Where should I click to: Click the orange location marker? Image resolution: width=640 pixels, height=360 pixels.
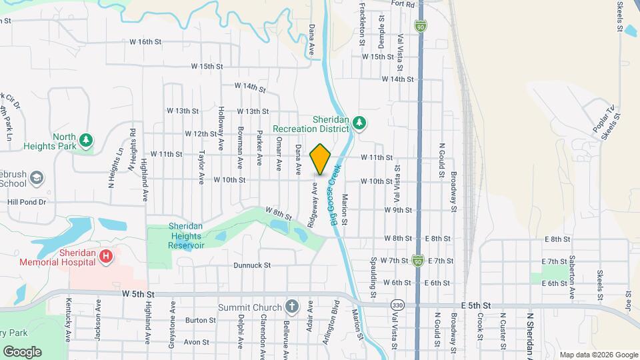pyautogui.click(x=321, y=159)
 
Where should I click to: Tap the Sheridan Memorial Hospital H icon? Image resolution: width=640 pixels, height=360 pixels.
pyautogui.click(x=105, y=256)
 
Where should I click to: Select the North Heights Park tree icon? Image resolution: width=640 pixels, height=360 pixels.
pyautogui.click(x=85, y=140)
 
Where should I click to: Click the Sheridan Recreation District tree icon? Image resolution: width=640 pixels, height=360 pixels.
pyautogui.click(x=359, y=123)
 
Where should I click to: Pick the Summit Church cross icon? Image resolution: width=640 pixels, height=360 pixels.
pyautogui.click(x=291, y=307)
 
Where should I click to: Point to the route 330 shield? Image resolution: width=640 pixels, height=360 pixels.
pyautogui.click(x=398, y=305)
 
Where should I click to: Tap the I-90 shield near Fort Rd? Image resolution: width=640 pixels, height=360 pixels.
pyautogui.click(x=420, y=26)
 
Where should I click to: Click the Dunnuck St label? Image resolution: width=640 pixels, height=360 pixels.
pyautogui.click(x=252, y=265)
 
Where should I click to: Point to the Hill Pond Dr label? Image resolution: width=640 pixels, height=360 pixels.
pyautogui.click(x=27, y=201)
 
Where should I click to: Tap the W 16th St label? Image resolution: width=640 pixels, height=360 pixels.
pyautogui.click(x=146, y=41)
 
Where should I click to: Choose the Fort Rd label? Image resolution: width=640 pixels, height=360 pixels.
pyautogui.click(x=403, y=4)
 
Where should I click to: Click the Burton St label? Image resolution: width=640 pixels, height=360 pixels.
pyautogui.click(x=201, y=320)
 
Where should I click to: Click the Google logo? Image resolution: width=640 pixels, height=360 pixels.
pyautogui.click(x=23, y=351)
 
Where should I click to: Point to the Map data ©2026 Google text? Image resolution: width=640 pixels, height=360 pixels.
pyautogui.click(x=598, y=355)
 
